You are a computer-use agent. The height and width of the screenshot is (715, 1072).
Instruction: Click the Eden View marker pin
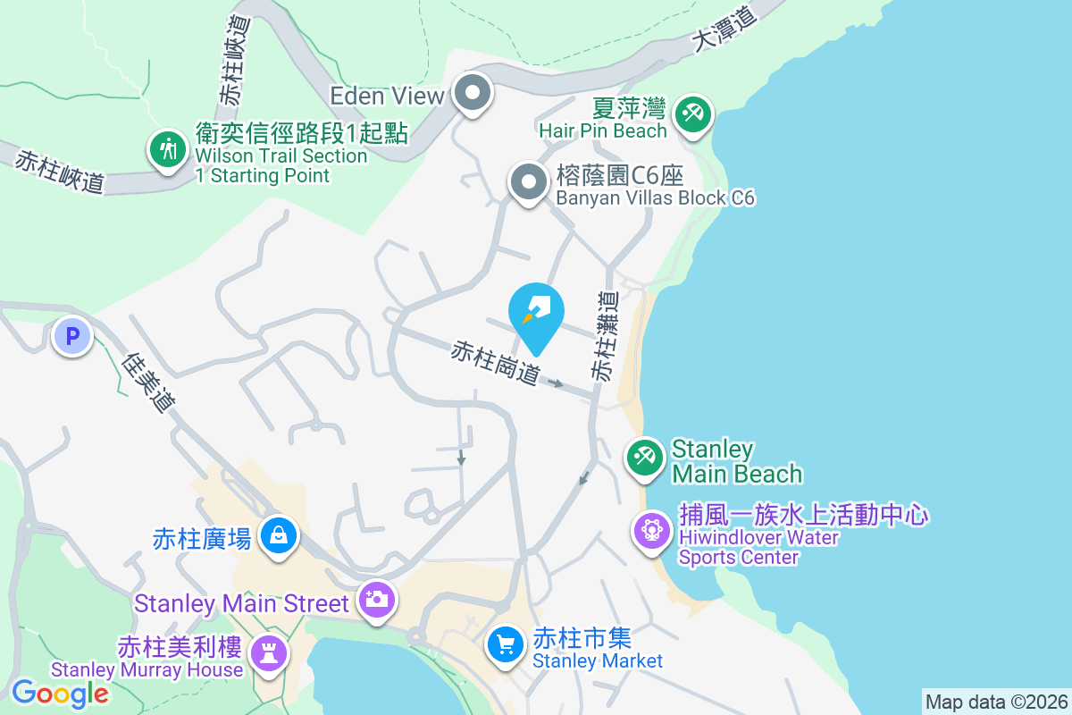473,93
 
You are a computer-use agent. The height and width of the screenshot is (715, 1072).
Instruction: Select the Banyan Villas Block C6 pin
528,182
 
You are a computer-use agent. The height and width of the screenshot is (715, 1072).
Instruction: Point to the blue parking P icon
72,337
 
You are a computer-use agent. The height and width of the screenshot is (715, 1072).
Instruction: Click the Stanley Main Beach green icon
644,458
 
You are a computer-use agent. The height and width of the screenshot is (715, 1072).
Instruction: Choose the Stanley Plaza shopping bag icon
279,536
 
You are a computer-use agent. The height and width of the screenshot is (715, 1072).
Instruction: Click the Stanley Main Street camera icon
377,599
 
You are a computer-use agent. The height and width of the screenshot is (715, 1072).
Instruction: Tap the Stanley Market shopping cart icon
506,643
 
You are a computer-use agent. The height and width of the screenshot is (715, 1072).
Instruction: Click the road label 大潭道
724,29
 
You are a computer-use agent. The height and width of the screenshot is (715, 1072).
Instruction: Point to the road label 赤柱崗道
496,363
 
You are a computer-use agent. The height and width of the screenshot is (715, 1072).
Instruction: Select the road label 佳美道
148,383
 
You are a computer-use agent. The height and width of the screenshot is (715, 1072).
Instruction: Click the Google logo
60,693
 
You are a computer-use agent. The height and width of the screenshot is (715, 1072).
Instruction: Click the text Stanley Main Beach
736,460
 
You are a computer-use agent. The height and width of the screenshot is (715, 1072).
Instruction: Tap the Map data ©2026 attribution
996,702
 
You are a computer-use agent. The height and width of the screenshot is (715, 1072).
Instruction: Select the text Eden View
387,96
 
